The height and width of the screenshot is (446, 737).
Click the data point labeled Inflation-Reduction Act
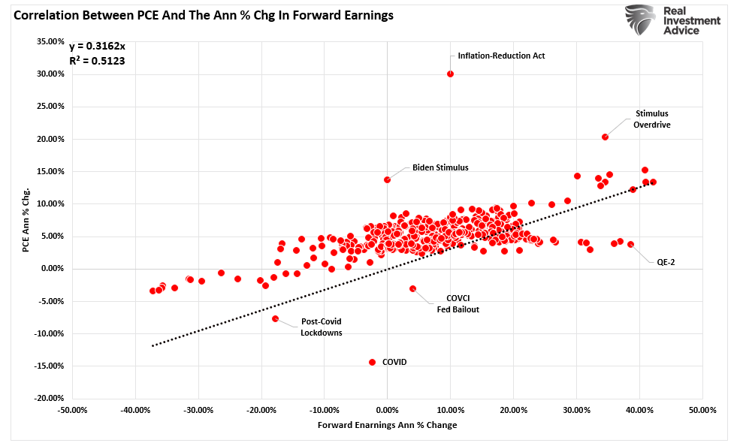[x=450, y=74]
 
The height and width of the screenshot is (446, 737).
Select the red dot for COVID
[x=372, y=362]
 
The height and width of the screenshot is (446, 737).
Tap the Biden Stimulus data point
[x=388, y=179]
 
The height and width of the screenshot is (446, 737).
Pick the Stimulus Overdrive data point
[x=605, y=137]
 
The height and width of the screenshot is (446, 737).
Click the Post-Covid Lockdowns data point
[x=275, y=318]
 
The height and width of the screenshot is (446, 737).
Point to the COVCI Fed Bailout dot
[x=412, y=288]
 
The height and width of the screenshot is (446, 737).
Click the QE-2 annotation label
[x=666, y=262]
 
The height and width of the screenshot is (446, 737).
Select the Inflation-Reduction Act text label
[x=501, y=56]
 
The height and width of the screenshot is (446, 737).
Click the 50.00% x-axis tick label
[x=702, y=411]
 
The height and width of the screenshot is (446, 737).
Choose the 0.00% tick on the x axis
[x=387, y=411]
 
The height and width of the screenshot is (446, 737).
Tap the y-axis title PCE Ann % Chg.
[x=27, y=220]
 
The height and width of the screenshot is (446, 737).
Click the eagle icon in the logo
[x=639, y=21]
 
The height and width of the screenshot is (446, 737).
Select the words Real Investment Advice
[x=691, y=21]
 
